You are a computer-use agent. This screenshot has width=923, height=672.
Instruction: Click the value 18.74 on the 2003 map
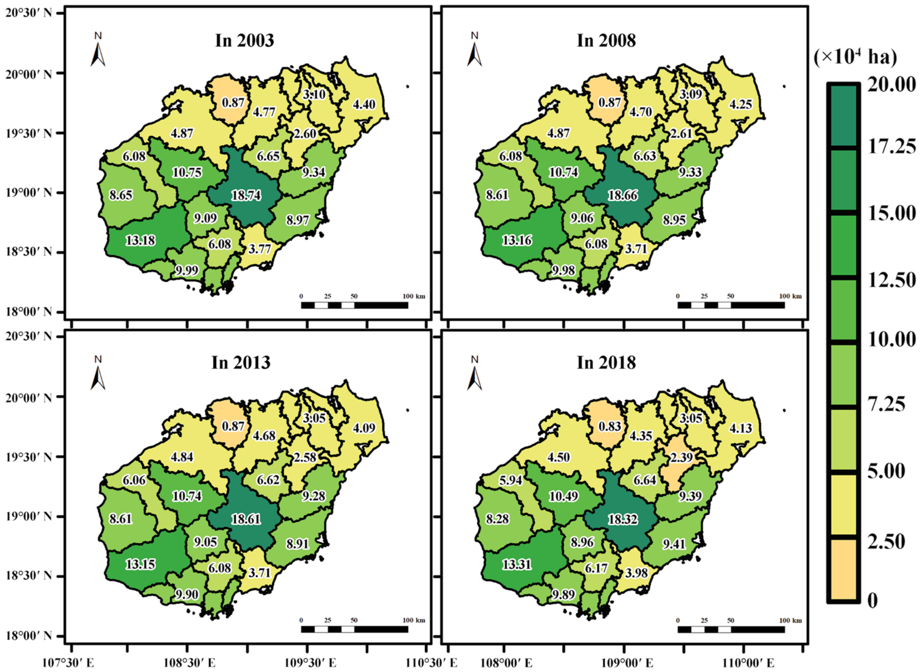246,195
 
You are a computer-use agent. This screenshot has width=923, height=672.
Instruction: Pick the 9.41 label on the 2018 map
674,544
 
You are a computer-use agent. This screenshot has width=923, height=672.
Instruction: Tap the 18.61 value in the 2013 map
246,519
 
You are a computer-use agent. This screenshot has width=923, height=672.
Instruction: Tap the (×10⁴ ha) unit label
856,58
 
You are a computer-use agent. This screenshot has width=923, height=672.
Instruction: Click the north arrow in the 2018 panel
474,375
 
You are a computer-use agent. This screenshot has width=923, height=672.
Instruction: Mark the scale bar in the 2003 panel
354,305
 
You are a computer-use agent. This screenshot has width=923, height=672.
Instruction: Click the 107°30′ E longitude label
68,663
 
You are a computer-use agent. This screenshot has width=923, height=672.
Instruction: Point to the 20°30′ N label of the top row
28,13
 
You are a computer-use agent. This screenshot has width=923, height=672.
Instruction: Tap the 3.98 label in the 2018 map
636,573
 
